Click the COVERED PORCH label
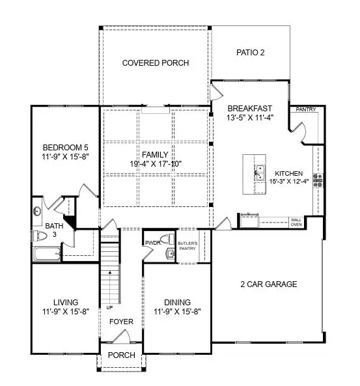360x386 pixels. tap(156, 63)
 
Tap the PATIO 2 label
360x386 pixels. tap(249, 52)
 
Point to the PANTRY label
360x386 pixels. tap(305, 109)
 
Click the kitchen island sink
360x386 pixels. tap(258, 172)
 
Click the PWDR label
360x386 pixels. tap(152, 243)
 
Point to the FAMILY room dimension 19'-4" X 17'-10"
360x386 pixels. tap(156, 163)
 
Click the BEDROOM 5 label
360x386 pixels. tap(64, 146)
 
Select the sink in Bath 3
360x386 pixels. tap(37, 212)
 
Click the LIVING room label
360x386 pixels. tap(66, 302)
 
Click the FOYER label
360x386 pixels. tap(121, 322)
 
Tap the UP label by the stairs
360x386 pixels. tap(103, 307)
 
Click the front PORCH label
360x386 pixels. tap(121, 355)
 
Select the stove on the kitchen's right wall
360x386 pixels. tap(318, 180)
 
